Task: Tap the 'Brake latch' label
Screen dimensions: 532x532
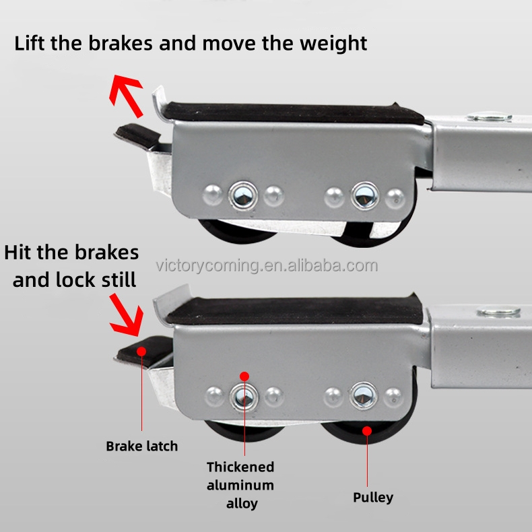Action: pos(141,446)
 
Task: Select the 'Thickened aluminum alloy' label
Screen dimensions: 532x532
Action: pos(240,484)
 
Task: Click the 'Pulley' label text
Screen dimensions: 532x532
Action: pos(373,498)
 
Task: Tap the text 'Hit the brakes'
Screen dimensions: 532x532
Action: pos(71,253)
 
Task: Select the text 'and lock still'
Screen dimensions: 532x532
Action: pos(74,279)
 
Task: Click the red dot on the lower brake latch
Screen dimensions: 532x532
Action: pos(141,350)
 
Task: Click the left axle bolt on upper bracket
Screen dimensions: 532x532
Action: pos(240,195)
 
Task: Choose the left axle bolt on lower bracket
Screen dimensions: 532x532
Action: pos(240,395)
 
